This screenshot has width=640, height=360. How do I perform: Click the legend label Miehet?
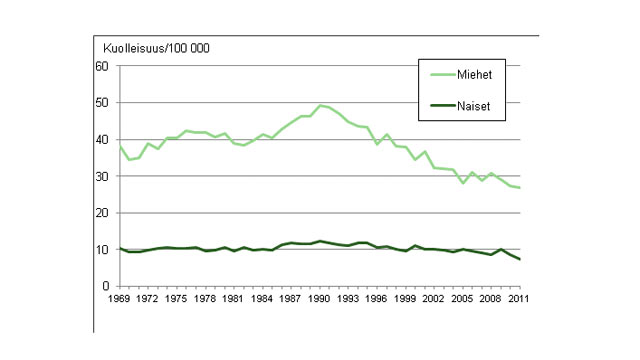pyautogui.click(x=477, y=74)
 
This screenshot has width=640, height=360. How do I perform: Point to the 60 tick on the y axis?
pyautogui.click(x=101, y=66)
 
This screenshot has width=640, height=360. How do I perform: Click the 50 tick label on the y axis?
pyautogui.click(x=101, y=103)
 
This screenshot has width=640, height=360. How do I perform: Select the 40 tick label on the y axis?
pyautogui.click(x=101, y=140)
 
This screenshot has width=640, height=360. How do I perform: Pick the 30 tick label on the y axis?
pyautogui.click(x=101, y=176)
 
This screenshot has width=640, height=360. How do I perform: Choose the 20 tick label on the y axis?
pyautogui.click(x=101, y=213)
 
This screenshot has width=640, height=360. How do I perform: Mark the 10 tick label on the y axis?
pyautogui.click(x=101, y=250)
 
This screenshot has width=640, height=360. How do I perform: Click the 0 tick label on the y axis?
pyautogui.click(x=104, y=286)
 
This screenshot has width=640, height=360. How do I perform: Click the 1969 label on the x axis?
pyautogui.click(x=119, y=298)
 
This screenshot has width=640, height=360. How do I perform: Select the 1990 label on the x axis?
pyautogui.click(x=320, y=298)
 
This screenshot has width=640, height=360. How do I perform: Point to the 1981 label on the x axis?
pyautogui.click(x=234, y=298)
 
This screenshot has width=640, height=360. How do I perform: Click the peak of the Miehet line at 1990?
pyautogui.click(x=320, y=105)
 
